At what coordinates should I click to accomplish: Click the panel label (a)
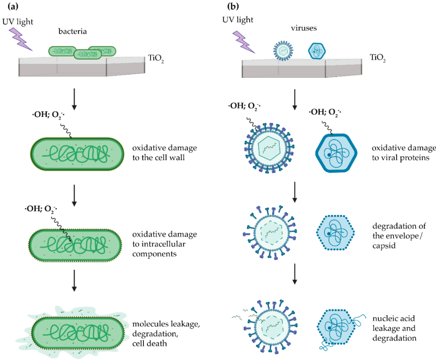click(x=13, y=6)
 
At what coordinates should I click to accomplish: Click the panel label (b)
click(x=233, y=6)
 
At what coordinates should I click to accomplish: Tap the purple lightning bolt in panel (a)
click(x=21, y=39)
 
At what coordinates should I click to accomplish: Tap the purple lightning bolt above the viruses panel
click(x=244, y=42)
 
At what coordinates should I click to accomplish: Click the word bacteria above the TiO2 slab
click(x=72, y=31)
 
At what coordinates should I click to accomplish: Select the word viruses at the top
click(x=304, y=28)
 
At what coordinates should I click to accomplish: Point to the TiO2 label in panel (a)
click(x=156, y=58)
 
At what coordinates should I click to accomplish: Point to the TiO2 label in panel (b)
click(x=377, y=58)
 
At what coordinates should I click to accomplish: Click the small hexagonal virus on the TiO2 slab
click(x=317, y=51)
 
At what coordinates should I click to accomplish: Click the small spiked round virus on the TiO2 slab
click(x=283, y=51)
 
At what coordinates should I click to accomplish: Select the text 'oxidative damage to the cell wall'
click(x=165, y=152)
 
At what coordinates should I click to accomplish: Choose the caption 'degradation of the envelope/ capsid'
click(x=399, y=236)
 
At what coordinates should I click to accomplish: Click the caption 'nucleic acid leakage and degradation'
click(x=394, y=328)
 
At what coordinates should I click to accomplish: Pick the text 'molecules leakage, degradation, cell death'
click(x=166, y=333)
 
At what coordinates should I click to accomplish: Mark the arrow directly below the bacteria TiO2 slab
click(x=74, y=100)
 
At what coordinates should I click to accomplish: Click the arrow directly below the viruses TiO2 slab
click(x=295, y=100)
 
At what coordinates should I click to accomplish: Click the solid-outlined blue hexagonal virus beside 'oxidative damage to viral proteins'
click(x=336, y=153)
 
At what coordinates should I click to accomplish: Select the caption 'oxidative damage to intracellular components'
click(x=165, y=244)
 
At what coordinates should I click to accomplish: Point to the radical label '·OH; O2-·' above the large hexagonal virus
click(x=325, y=112)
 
